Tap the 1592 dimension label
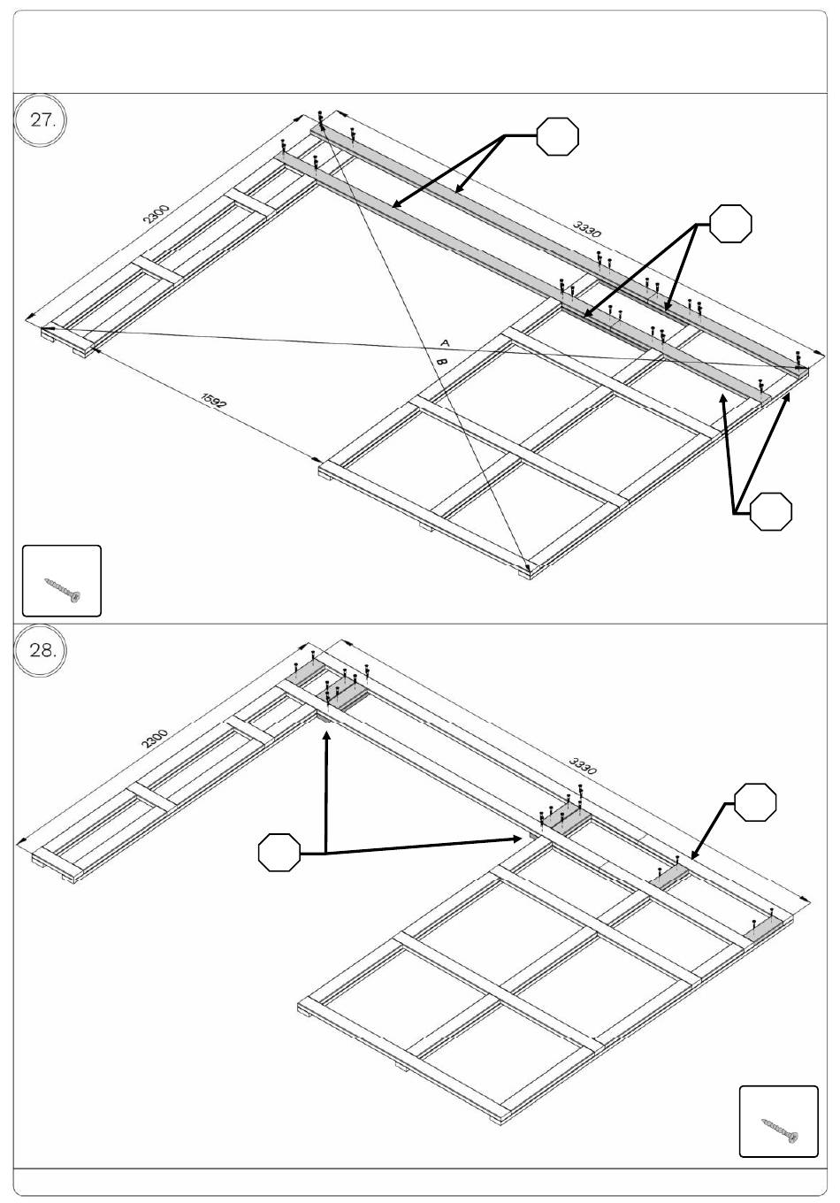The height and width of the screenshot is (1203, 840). coord(213,401)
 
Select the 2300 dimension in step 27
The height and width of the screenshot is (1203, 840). coord(156,215)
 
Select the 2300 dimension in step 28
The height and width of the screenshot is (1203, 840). coord(154,739)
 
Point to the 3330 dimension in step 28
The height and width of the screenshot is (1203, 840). coord(583,765)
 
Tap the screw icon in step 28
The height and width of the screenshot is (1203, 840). coord(779,1130)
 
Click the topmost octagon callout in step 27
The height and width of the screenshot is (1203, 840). coord(558,136)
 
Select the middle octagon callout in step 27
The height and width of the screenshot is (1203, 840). coord(731,224)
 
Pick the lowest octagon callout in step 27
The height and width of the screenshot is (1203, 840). coord(770,511)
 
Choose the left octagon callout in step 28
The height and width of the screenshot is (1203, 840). coord(279,853)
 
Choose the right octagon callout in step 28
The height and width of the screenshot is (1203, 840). coord(756,802)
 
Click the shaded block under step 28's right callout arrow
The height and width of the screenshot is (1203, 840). coord(671,877)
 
